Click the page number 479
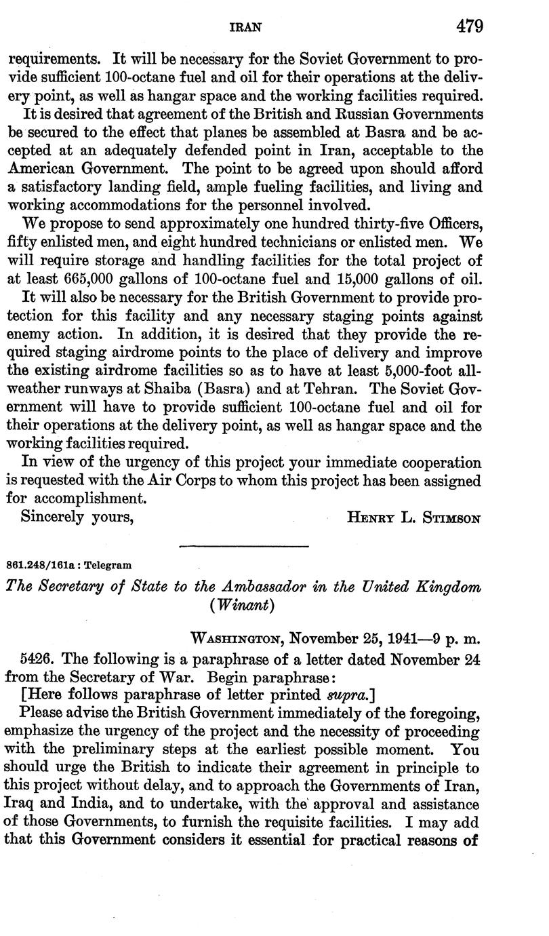click(x=469, y=26)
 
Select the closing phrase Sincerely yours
click(x=76, y=516)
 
